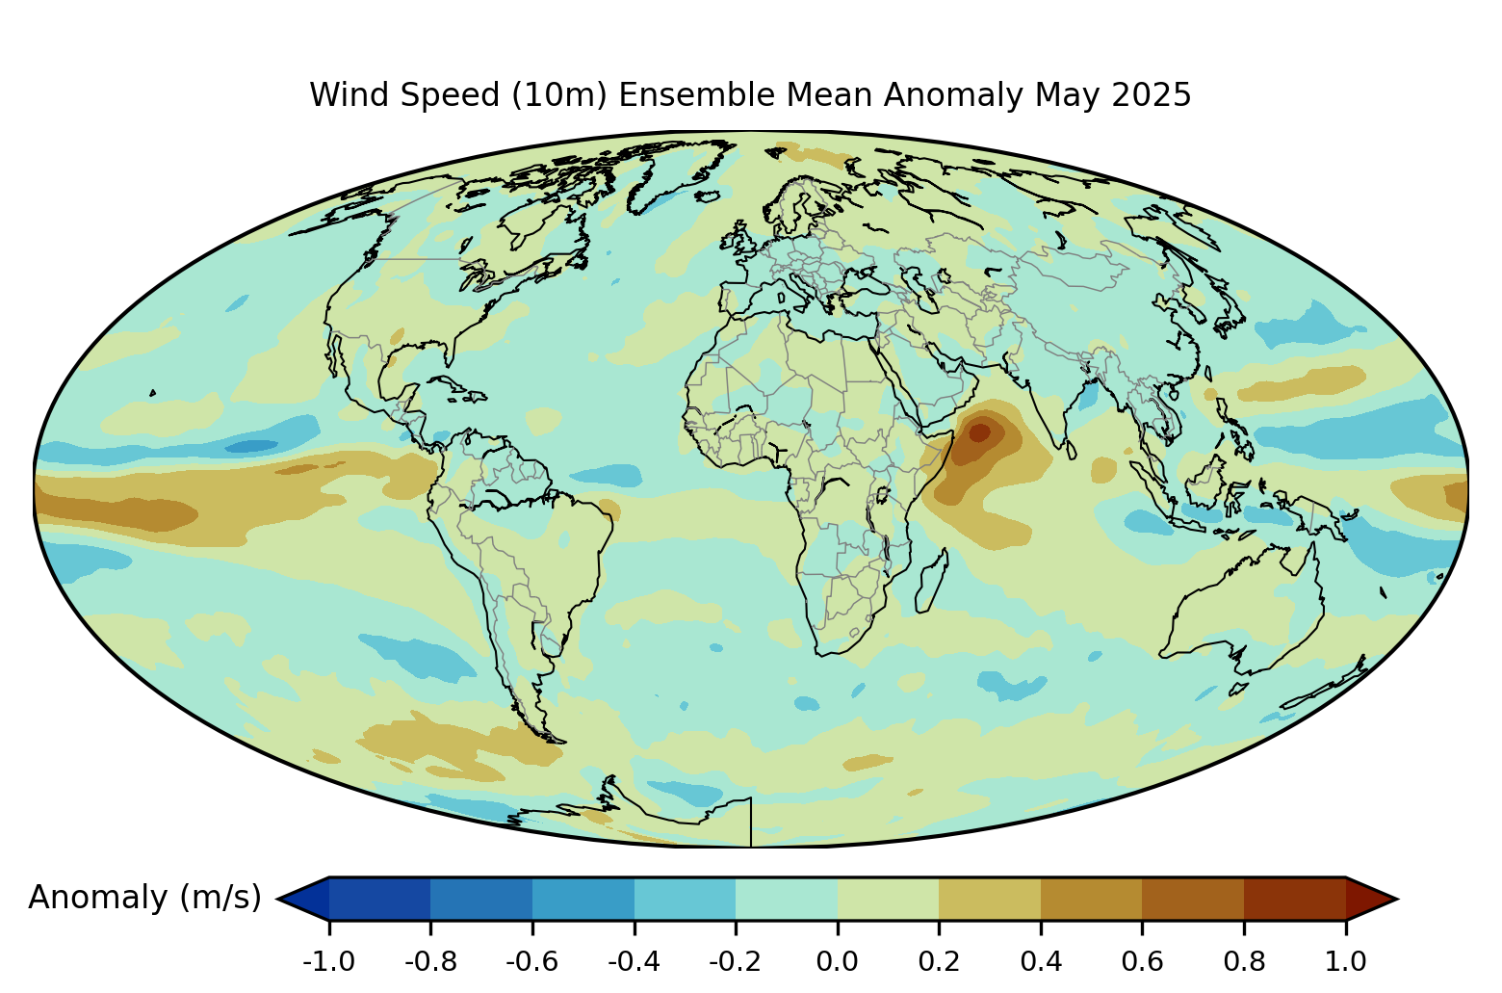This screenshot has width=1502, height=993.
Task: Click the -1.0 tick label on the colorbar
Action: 328,962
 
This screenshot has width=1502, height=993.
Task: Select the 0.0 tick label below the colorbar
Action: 837,962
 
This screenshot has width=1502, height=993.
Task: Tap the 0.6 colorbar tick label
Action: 1142,962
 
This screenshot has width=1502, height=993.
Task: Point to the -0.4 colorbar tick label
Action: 634,962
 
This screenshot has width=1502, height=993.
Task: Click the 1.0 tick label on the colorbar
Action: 1345,962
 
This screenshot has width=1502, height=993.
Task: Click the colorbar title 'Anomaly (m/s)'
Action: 144,898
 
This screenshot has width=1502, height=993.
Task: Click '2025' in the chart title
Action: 1151,94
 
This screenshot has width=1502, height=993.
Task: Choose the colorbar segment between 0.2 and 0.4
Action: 990,899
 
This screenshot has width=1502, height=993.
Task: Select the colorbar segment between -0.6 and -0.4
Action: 583,899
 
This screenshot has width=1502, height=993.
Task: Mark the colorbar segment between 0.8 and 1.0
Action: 1295,899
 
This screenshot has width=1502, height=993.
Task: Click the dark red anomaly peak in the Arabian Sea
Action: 979,431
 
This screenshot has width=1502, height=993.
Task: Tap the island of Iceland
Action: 708,196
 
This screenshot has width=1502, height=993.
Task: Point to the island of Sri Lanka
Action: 1071,449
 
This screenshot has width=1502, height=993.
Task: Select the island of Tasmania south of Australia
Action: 1238,689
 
